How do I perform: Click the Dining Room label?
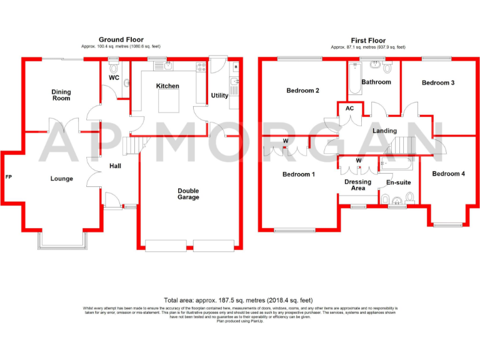click(x=61, y=95)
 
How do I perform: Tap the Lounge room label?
click(x=62, y=179)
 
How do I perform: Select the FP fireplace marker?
click(x=8, y=177)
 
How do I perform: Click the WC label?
click(x=114, y=78)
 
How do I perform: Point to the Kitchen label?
click(x=167, y=86)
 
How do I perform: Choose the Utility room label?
click(x=220, y=96)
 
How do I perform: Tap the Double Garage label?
click(x=188, y=194)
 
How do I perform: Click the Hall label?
click(x=116, y=166)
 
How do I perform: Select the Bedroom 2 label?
click(x=303, y=91)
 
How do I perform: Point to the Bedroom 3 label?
click(x=438, y=82)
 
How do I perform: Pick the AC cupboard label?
click(x=349, y=108)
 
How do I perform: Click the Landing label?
click(x=384, y=131)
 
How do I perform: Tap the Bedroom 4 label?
click(x=449, y=174)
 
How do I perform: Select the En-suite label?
click(x=398, y=184)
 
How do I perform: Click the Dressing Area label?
click(x=358, y=185)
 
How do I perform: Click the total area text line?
click(x=239, y=300)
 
